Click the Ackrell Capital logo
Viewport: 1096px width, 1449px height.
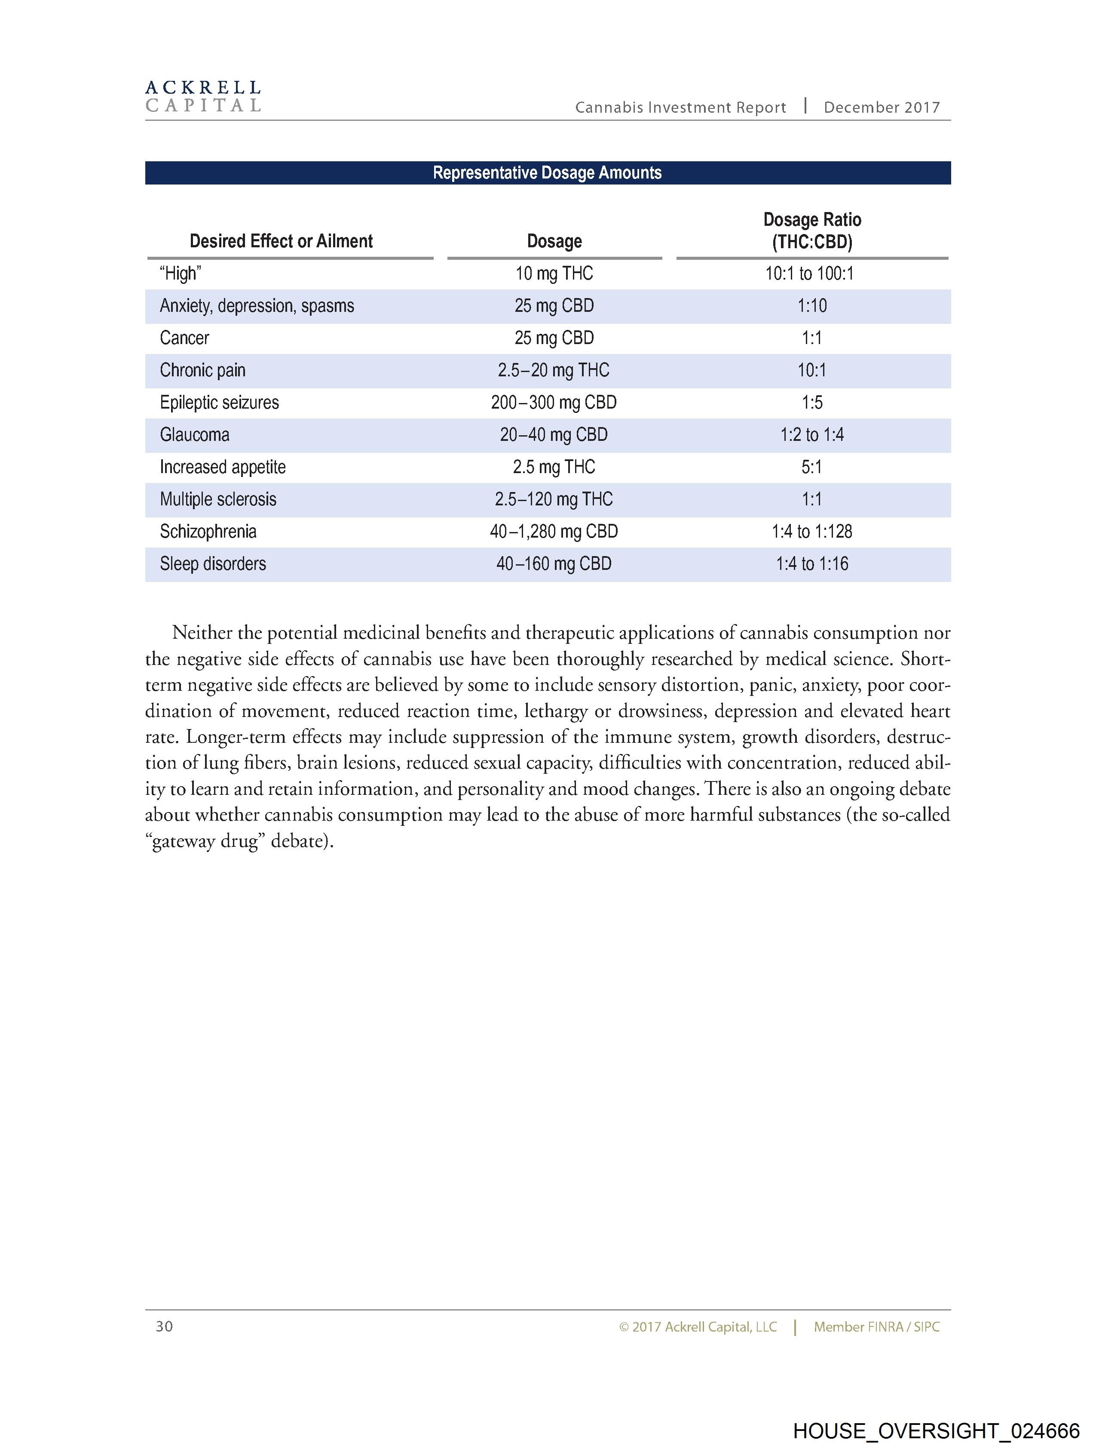click(203, 96)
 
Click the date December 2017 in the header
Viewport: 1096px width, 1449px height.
click(881, 108)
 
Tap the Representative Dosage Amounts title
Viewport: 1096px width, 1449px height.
click(547, 173)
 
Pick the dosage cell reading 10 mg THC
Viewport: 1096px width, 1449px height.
click(554, 273)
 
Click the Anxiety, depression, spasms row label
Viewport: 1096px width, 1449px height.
click(257, 306)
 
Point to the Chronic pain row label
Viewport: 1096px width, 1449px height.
click(202, 370)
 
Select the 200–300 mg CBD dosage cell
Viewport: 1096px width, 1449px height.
click(554, 402)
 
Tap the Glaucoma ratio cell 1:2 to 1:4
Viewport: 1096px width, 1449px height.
click(812, 434)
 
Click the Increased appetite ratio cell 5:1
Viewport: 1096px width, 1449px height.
click(812, 467)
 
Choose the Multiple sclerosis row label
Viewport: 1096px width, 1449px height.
click(218, 499)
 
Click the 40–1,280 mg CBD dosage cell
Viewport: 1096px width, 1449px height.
click(554, 531)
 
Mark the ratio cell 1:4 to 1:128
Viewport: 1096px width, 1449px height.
click(812, 531)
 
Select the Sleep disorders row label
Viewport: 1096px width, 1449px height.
click(213, 563)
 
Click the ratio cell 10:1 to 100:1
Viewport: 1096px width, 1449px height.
click(810, 273)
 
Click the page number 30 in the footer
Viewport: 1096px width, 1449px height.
click(164, 1326)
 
